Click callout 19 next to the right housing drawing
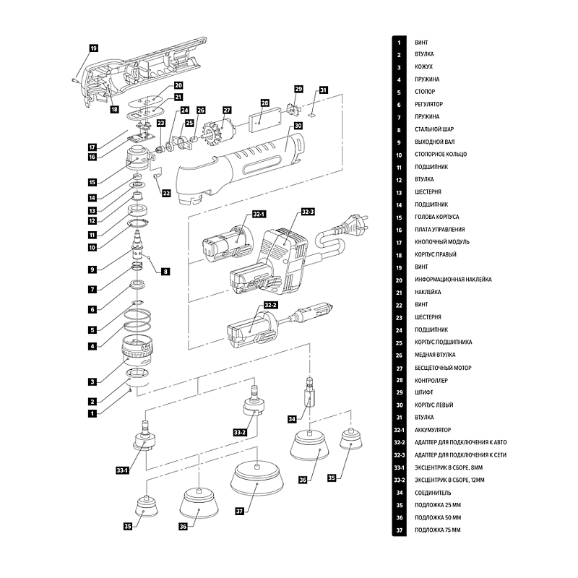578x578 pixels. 93,48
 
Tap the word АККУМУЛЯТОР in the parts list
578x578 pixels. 432,430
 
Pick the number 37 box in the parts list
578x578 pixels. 398,530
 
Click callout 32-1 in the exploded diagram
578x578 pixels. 259,215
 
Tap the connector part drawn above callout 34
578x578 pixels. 309,394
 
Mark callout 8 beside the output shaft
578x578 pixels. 165,272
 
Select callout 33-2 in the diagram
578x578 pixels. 240,432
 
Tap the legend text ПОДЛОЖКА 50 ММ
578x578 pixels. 437,518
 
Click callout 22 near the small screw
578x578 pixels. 166,193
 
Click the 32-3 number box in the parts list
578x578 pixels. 398,455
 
